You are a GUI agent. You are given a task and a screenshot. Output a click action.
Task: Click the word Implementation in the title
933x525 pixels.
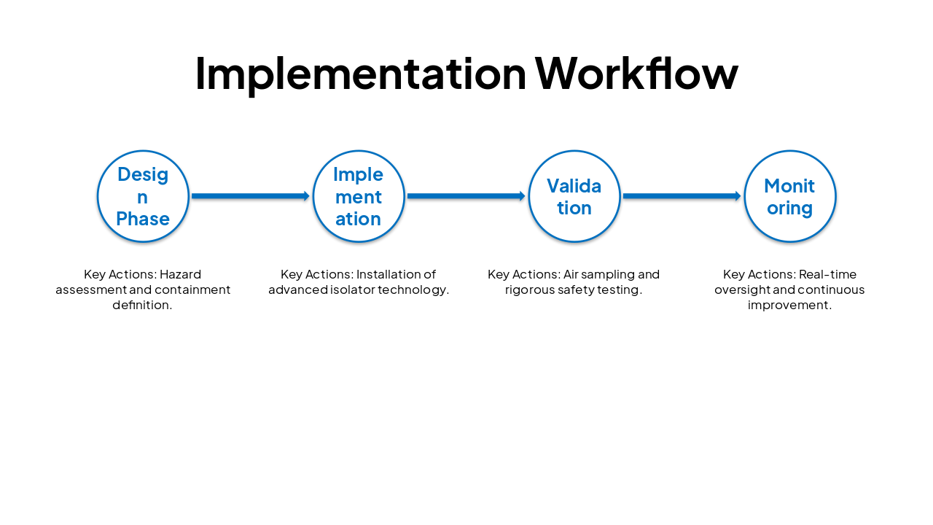pos(360,74)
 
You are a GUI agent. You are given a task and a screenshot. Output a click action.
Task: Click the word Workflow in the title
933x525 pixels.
pos(636,74)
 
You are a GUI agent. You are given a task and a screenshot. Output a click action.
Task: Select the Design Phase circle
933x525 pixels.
pos(143,196)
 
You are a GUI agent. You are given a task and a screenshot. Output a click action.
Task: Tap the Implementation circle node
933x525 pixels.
pos(359,196)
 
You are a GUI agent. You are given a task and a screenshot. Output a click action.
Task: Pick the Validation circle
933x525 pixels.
pos(574,196)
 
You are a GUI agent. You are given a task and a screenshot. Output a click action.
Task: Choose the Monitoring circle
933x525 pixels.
pos(790,196)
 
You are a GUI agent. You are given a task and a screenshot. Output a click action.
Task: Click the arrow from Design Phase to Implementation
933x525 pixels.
pos(251,196)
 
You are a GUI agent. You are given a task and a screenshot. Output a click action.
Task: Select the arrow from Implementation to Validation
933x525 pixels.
pos(466,196)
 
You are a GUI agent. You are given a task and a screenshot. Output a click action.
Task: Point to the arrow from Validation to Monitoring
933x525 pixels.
pos(682,196)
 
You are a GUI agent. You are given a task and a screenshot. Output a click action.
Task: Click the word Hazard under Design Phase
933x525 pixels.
pos(180,275)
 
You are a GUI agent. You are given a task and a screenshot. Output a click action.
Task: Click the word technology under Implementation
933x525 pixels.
pos(413,290)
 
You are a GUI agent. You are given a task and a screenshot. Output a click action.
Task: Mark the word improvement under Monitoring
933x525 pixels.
pos(789,306)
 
